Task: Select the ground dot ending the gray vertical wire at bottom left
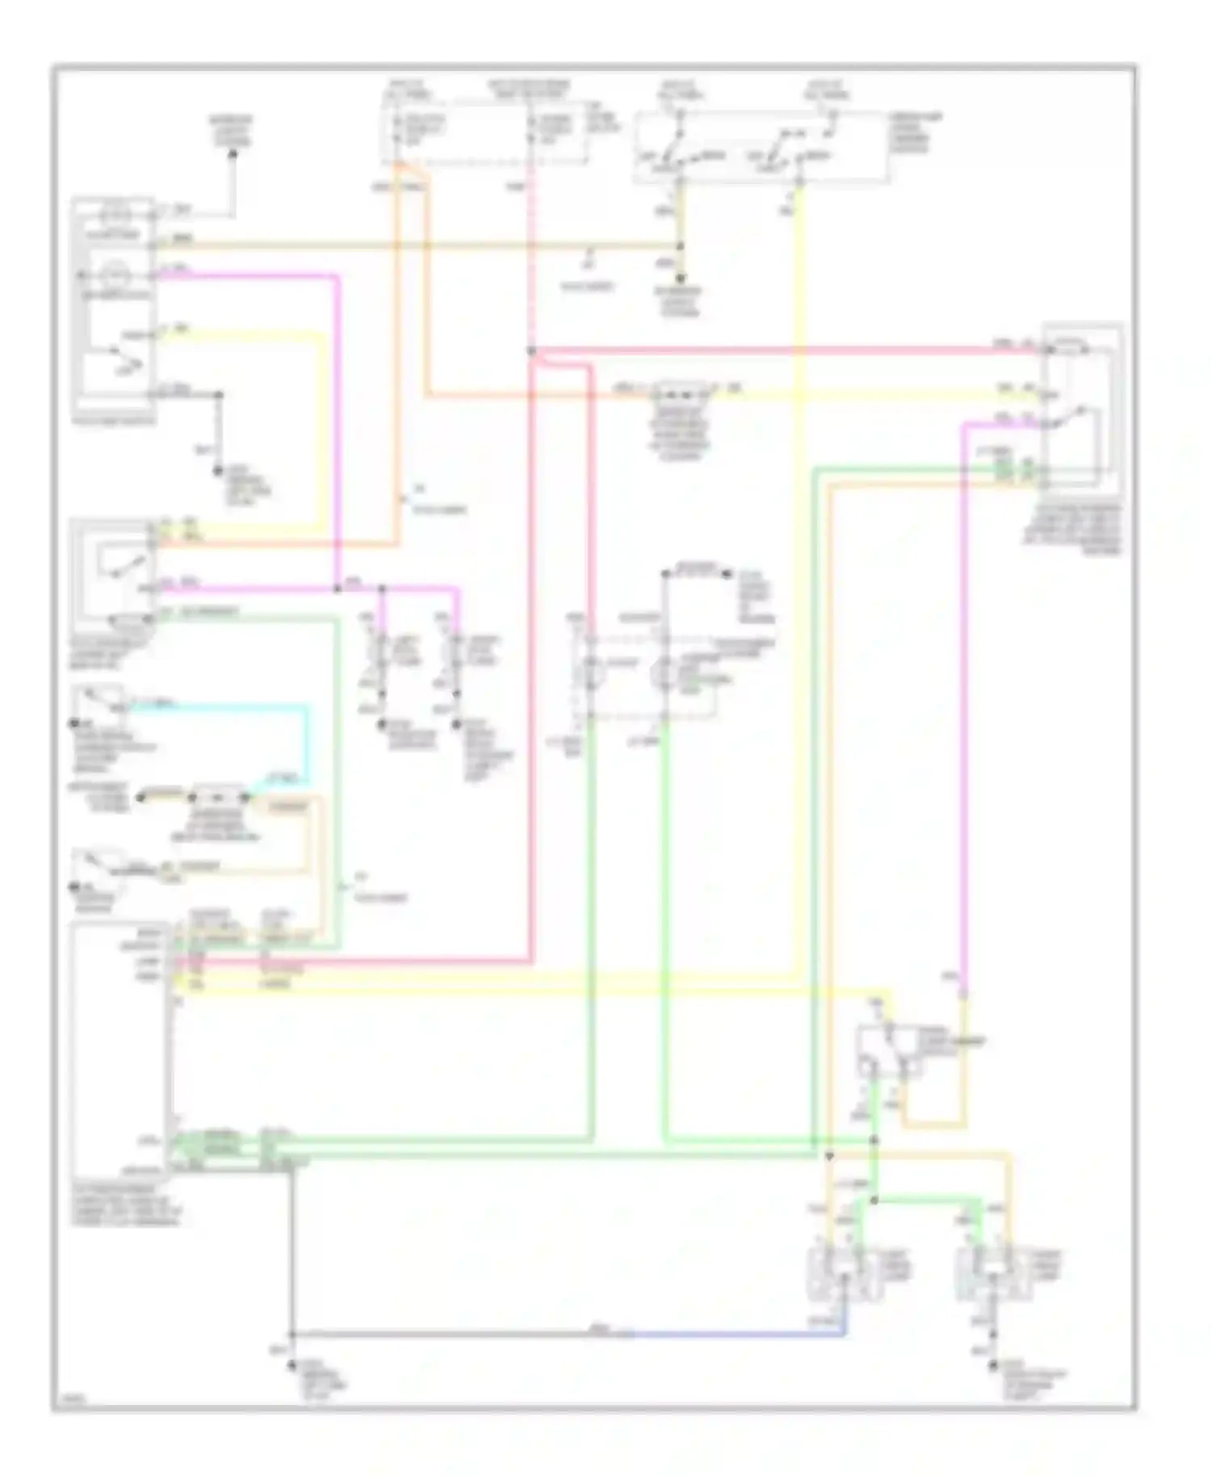click(292, 1358)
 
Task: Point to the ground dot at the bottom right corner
click(995, 1365)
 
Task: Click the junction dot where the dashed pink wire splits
click(531, 351)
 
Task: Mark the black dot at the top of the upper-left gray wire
click(234, 153)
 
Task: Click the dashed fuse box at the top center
click(484, 133)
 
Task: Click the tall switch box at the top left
click(113, 303)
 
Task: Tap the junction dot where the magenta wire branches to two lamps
click(383, 590)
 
